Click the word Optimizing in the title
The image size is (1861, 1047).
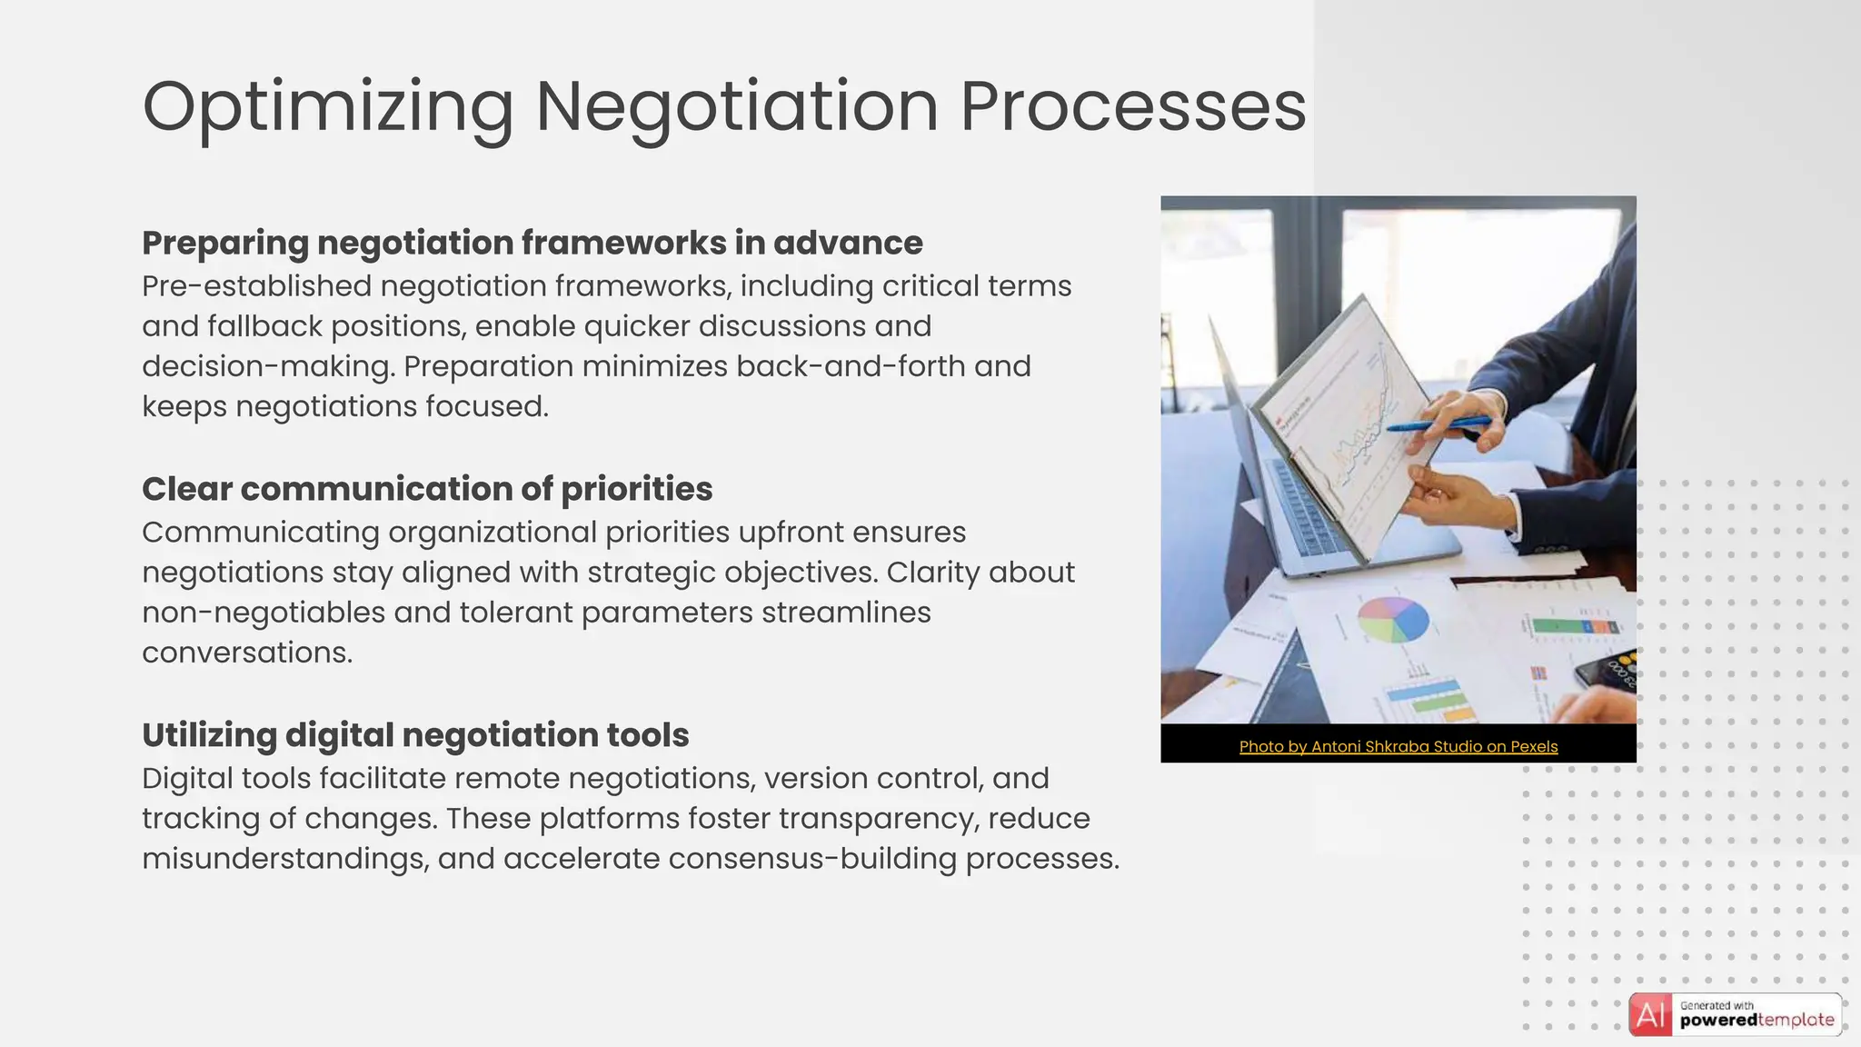328,107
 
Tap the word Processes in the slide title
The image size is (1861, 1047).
1133,107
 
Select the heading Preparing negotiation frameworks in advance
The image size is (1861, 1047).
532,244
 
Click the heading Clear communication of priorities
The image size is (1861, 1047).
427,489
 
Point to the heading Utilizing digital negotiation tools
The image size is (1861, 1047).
415,735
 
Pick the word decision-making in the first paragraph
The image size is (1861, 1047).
268,366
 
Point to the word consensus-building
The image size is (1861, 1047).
812,859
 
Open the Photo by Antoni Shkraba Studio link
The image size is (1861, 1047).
1398,747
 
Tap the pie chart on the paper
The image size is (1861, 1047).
1392,620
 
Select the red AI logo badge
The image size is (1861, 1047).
1650,1015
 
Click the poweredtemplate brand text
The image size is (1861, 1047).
1757,1021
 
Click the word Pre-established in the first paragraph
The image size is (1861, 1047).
257,286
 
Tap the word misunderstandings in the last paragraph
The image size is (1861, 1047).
284,859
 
